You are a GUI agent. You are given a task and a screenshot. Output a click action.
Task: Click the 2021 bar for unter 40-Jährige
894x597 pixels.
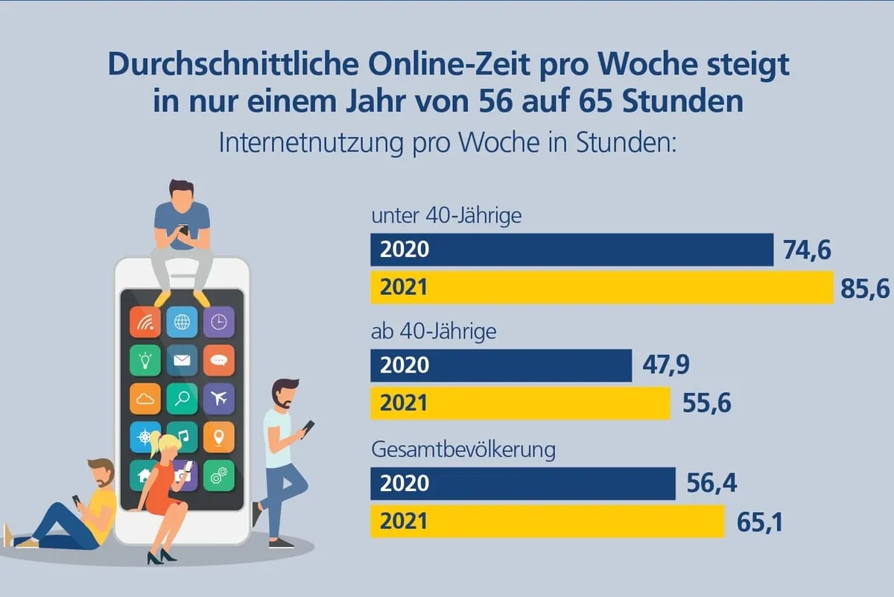point(601,287)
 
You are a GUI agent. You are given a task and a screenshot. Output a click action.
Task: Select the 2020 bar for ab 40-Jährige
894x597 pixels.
point(501,365)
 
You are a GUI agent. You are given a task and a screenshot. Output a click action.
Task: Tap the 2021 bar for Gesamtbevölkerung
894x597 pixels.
point(547,520)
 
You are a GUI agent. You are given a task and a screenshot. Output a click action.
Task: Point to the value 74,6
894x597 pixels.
point(807,250)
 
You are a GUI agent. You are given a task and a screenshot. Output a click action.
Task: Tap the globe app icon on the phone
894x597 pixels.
point(182,322)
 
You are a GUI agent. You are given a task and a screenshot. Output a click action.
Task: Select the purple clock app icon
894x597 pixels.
point(218,322)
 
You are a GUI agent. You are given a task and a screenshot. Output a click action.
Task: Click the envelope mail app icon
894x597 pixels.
point(182,361)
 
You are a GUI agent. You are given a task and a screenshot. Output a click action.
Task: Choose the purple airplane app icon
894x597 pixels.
point(218,399)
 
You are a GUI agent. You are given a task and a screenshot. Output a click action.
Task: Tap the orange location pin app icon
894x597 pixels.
point(218,437)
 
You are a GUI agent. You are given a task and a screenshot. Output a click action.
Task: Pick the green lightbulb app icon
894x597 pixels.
point(145,361)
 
